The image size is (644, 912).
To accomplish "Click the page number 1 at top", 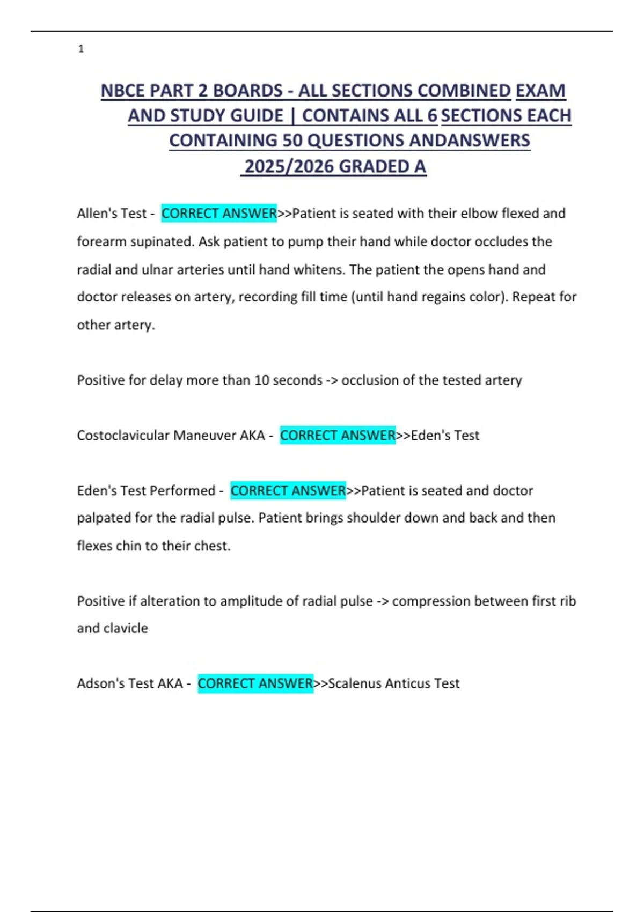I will coord(81,49).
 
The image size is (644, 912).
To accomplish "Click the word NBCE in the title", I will coord(123,91).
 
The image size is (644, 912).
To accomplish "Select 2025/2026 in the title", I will coord(289,167).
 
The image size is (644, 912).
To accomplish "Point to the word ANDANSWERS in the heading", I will coord(470,141).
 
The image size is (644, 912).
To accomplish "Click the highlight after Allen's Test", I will coord(219,214).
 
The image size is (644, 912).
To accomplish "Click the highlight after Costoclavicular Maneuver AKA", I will coord(338,435).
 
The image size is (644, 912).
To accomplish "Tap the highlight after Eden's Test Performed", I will coord(288,490).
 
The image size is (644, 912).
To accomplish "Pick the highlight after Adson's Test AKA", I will coord(255,683).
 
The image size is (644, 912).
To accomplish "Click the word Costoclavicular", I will coord(123,435).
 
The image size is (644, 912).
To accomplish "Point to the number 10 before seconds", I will coord(261,380).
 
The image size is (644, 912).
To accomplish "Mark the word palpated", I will coord(103,518).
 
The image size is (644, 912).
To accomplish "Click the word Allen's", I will coord(97,214).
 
